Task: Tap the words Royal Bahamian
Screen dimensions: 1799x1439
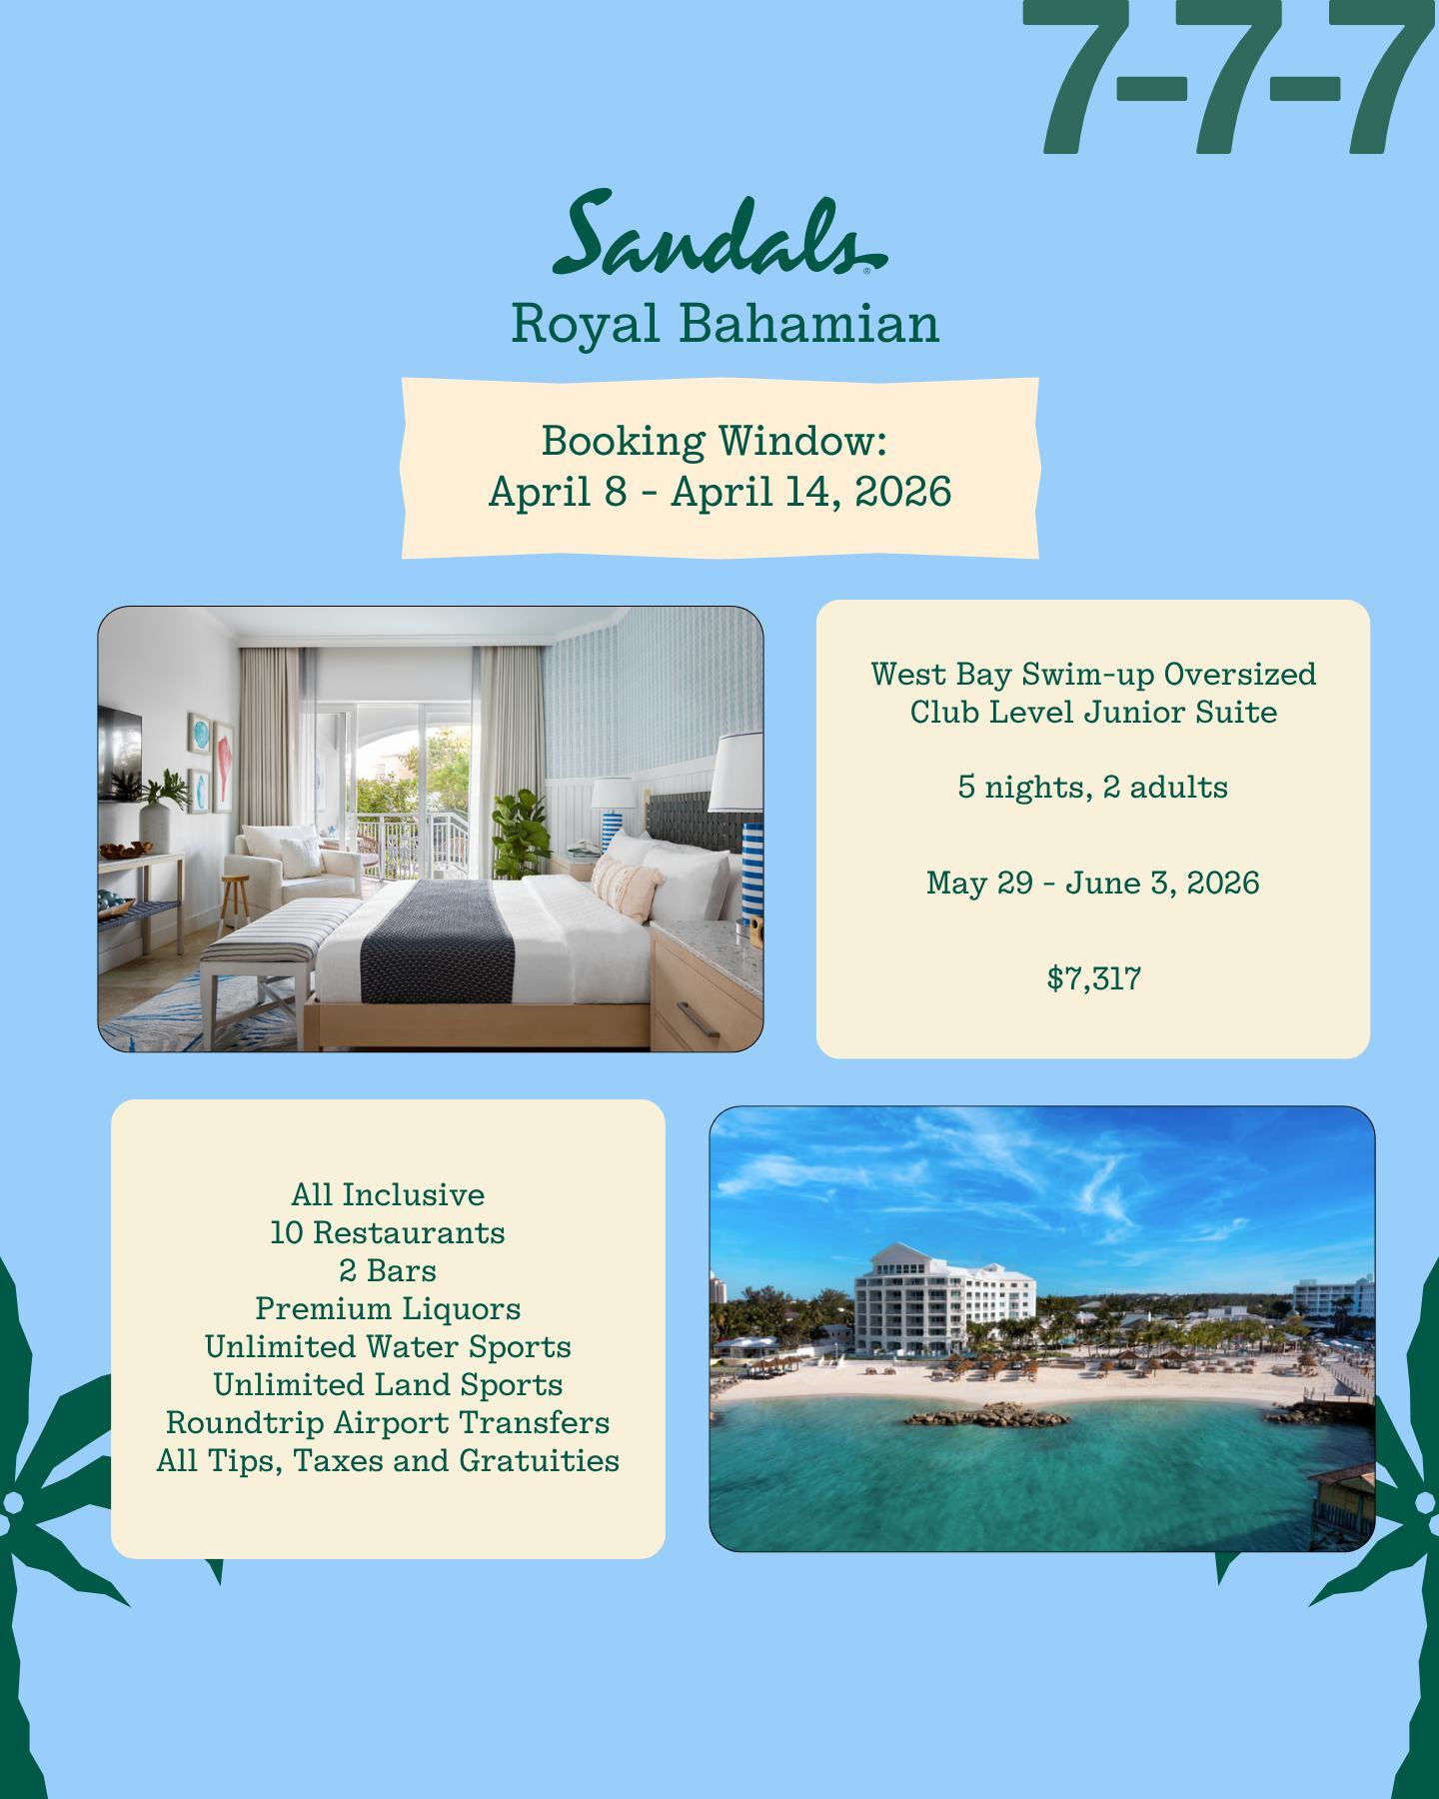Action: [x=724, y=324]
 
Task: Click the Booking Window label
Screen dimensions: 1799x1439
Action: [x=715, y=440]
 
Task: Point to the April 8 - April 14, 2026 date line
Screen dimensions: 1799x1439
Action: [x=719, y=492]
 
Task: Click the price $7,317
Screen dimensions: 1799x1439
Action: [x=1093, y=977]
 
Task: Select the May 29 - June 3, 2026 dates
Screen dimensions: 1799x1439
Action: [x=1092, y=883]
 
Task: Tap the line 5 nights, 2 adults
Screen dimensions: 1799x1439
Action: [x=1092, y=787]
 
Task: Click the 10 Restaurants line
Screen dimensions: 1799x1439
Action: [x=388, y=1232]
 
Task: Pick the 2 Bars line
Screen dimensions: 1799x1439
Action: [x=388, y=1270]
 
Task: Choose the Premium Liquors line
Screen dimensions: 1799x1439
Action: [x=388, y=1308]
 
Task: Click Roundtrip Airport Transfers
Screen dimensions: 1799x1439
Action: [x=388, y=1422]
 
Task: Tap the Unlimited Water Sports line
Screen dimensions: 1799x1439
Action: [x=388, y=1346]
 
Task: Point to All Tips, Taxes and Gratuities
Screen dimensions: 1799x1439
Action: [x=388, y=1460]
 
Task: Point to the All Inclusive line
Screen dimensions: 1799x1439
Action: [x=388, y=1194]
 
